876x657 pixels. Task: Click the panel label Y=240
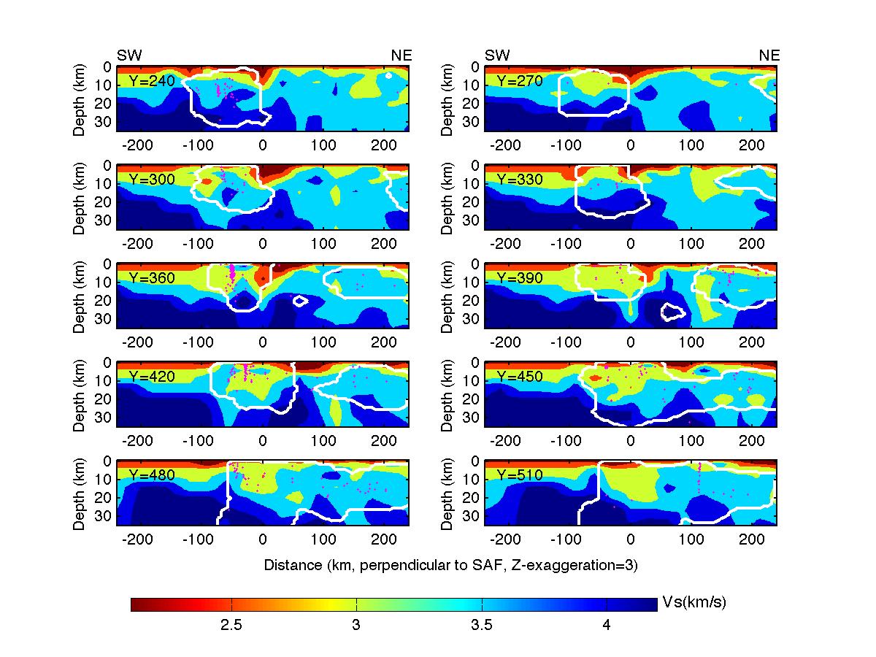[151, 81]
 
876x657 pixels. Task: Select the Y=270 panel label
[519, 81]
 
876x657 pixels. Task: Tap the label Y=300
[151, 180]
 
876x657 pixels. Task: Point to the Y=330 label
[519, 180]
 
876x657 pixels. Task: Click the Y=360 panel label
[151, 278]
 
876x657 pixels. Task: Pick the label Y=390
[519, 278]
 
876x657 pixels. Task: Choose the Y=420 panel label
[151, 377]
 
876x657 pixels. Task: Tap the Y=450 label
[519, 377]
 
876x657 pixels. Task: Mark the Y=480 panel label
[151, 475]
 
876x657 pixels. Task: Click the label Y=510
[519, 475]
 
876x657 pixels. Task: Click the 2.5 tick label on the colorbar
[231, 626]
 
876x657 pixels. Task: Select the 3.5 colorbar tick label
[482, 626]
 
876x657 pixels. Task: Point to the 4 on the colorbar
[607, 626]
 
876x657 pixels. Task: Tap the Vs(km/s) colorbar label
[693, 603]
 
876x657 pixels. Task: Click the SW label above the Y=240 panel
[129, 55]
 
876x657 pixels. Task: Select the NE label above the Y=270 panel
[769, 55]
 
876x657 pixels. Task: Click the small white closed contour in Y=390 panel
[672, 313]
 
